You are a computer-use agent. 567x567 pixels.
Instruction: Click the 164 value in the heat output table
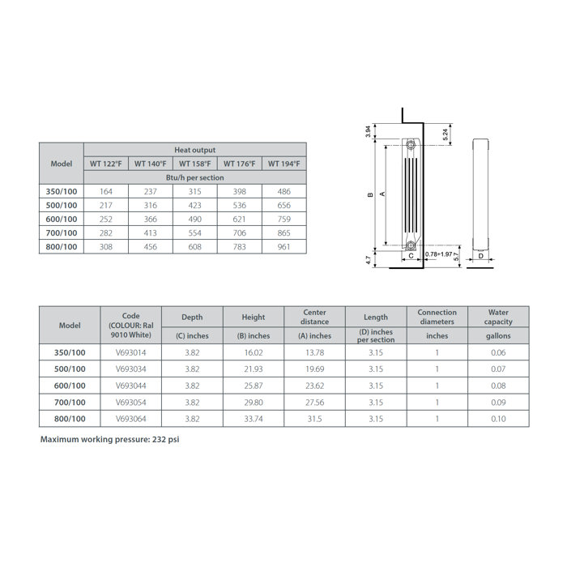click(x=106, y=191)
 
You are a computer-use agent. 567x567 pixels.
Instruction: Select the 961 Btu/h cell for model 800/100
click(x=284, y=246)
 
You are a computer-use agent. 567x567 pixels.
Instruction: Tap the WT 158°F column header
click(x=195, y=164)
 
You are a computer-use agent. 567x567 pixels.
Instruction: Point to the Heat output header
click(x=195, y=150)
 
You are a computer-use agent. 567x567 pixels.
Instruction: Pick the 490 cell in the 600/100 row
click(x=195, y=219)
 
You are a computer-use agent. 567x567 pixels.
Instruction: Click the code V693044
click(x=131, y=386)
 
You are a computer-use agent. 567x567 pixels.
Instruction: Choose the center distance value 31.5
click(x=314, y=419)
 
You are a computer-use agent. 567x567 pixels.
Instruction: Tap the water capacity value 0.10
click(x=497, y=419)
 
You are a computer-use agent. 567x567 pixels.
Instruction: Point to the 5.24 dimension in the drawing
click(x=446, y=134)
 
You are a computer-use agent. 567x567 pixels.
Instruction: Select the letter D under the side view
click(x=480, y=255)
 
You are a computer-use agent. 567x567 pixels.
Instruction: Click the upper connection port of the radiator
click(x=411, y=146)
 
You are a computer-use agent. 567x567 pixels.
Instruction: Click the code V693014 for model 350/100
click(x=131, y=353)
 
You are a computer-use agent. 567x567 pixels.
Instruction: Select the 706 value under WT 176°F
click(x=240, y=232)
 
